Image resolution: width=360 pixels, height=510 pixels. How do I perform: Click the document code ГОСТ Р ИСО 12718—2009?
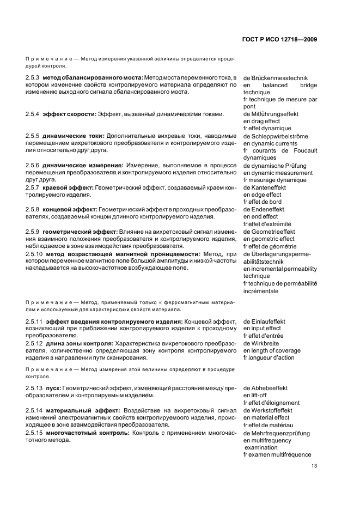click(x=279, y=39)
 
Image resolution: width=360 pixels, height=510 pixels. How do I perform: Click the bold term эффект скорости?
click(x=69, y=114)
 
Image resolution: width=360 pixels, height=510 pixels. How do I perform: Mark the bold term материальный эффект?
click(x=79, y=410)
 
